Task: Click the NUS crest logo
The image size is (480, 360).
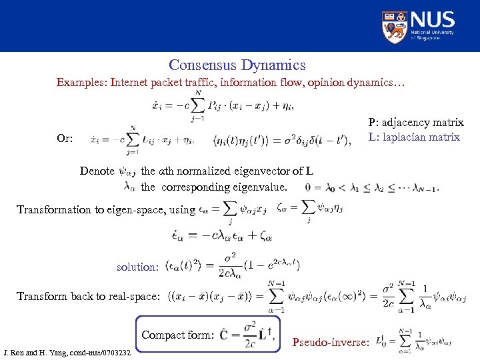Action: [395, 27]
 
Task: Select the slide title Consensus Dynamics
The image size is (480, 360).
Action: [237, 65]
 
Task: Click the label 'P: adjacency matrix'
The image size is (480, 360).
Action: [415, 123]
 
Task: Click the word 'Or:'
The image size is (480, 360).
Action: [65, 139]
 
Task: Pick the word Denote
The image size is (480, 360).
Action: [97, 171]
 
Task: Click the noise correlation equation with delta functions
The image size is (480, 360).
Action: [283, 140]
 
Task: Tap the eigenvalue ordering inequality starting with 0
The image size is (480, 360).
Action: [372, 187]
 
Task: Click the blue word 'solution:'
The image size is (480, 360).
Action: [137, 267]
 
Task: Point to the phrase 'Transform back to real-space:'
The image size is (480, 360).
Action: [89, 296]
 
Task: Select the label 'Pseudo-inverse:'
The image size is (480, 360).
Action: [331, 343]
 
